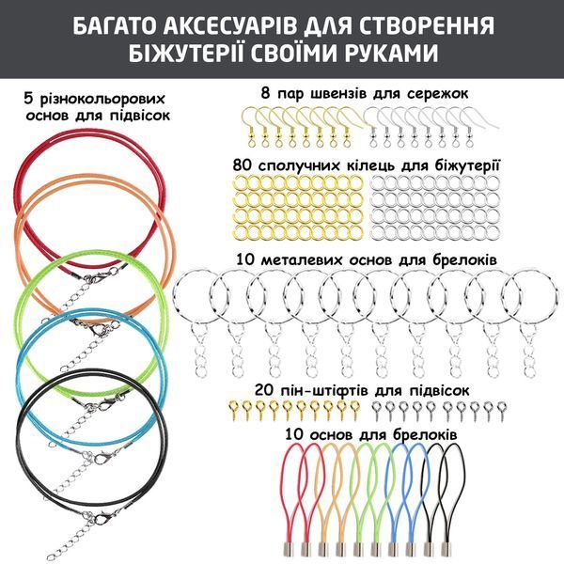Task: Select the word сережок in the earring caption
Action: click(438, 93)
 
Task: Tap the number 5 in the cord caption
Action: click(28, 99)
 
